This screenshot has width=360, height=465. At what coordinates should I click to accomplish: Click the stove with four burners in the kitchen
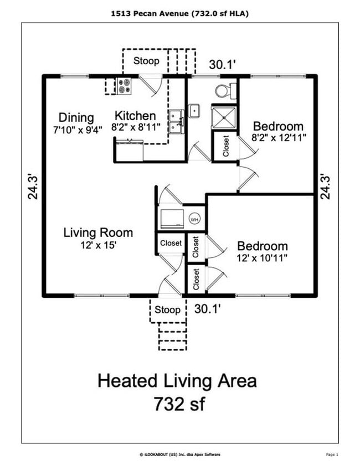125,86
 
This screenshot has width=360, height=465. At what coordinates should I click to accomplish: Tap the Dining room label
76,117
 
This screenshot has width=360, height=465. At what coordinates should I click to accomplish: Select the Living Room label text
98,232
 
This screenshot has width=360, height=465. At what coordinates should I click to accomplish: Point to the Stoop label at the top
146,61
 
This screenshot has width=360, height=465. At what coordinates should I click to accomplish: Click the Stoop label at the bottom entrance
167,309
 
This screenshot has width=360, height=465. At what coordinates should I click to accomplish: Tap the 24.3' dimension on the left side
33,186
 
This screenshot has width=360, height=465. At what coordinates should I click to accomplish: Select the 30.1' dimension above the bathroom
223,65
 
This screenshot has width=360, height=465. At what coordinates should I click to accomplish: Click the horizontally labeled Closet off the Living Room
171,243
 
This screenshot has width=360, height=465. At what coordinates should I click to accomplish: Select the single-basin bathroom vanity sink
194,111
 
